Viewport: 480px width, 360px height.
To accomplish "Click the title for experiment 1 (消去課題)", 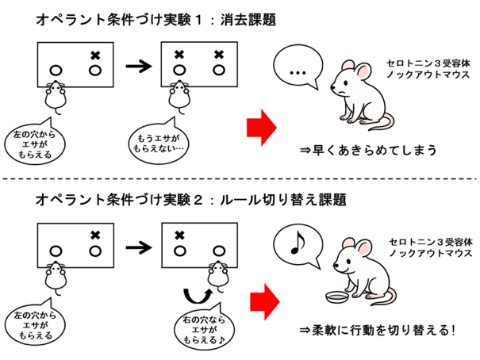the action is click(x=156, y=20).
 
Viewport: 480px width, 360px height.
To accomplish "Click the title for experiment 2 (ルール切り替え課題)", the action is click(x=191, y=200).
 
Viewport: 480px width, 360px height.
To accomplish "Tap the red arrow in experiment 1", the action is click(x=262, y=128).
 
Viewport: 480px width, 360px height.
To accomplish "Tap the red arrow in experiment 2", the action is click(x=265, y=301).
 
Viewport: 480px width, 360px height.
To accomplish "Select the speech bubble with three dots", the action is click(x=298, y=66).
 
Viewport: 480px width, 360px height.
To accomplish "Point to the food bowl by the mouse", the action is click(x=336, y=297).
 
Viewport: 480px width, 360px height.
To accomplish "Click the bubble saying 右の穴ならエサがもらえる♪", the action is click(x=204, y=328).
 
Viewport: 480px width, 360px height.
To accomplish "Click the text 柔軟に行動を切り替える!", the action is click(x=377, y=331).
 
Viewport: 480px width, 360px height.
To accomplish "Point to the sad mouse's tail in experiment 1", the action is click(x=382, y=122).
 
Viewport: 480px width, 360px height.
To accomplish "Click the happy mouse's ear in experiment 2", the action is click(x=363, y=248).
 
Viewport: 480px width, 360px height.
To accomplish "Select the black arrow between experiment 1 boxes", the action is click(x=139, y=66).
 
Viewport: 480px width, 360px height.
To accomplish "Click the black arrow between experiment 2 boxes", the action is click(x=139, y=247).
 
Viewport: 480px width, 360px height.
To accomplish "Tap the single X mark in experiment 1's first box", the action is click(x=95, y=56).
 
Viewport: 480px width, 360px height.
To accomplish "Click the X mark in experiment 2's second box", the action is click(x=179, y=236).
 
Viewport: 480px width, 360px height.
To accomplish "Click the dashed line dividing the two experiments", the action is click(x=240, y=178).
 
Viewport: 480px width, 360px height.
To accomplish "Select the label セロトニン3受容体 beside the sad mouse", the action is click(x=428, y=63).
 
